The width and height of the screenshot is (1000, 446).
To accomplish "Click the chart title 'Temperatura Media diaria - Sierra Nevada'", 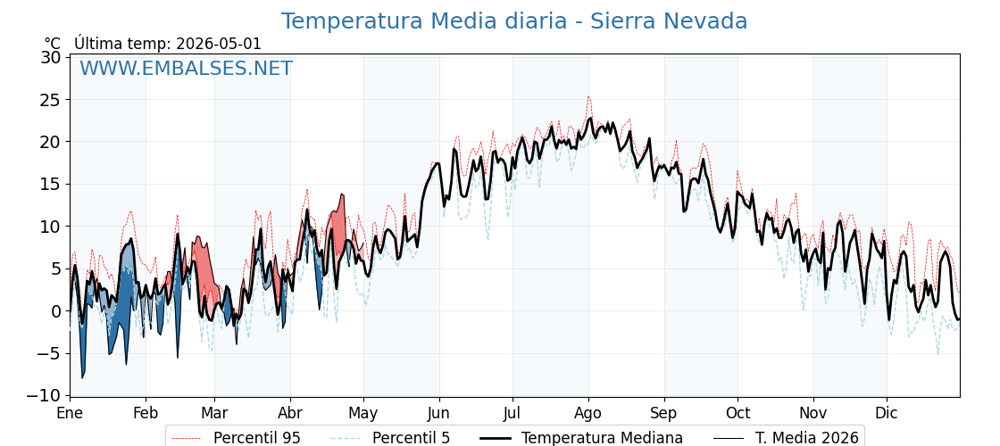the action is [514, 21].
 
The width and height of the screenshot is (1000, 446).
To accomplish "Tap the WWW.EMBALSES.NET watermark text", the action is [186, 68].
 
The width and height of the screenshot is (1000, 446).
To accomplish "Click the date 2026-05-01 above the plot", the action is [218, 44].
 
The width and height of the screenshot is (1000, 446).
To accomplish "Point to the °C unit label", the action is [53, 44].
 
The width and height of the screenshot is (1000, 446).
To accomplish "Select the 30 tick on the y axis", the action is [51, 57].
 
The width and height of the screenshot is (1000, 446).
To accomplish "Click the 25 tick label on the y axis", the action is [51, 99].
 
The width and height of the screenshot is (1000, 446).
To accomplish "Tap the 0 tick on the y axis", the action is [56, 311].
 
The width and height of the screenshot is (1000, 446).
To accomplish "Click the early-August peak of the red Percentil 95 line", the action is [588, 97].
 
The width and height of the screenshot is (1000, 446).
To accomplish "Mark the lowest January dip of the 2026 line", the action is [81, 378].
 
